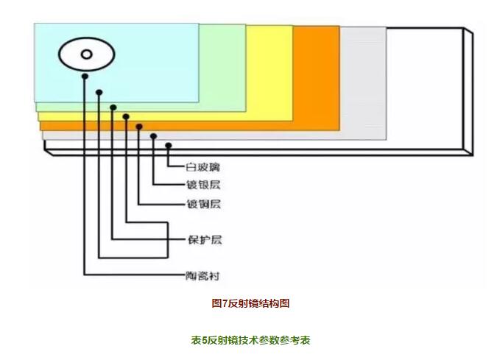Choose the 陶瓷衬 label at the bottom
[x=203, y=276]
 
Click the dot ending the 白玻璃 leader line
[x=169, y=145]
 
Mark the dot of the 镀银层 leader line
[x=153, y=136]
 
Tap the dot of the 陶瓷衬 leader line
[x=85, y=76]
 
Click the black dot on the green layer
[x=99, y=93]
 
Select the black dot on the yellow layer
[x=113, y=107]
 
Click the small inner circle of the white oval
[x=85, y=54]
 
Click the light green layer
[x=221, y=66]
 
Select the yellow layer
[x=269, y=74]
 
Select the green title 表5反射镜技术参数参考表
[x=250, y=340]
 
